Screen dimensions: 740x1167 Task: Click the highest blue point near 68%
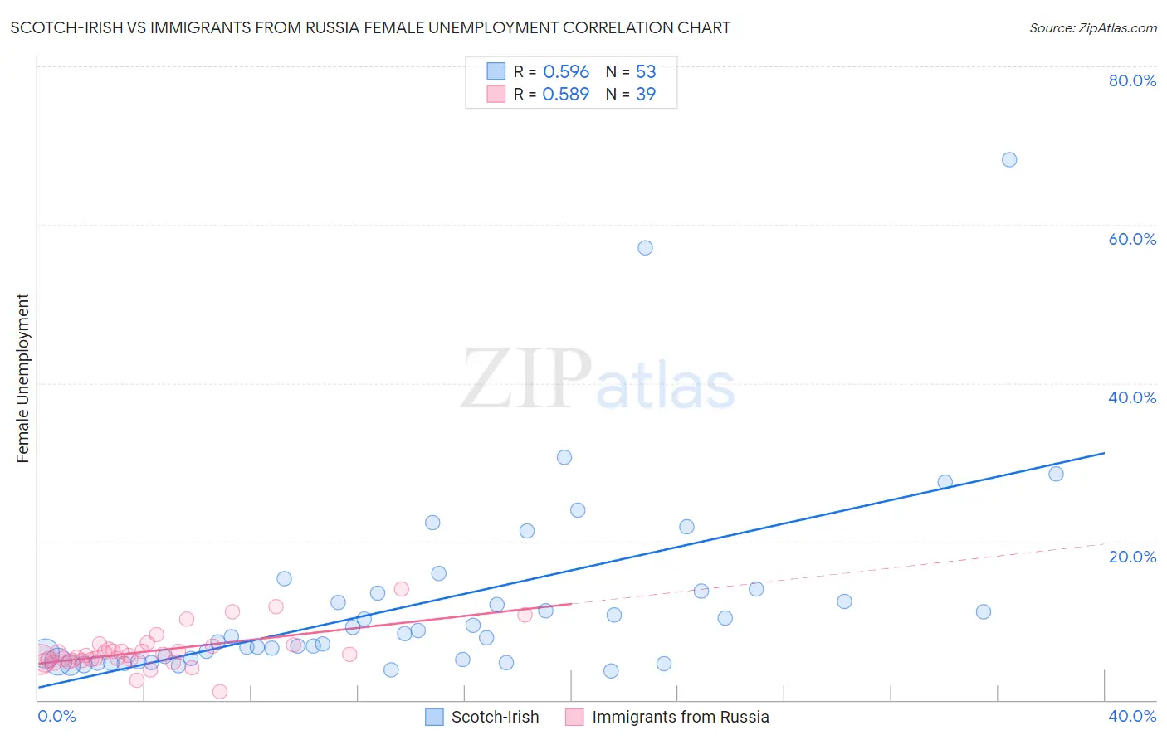click(x=1008, y=159)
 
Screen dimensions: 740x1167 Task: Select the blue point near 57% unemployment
click(x=645, y=247)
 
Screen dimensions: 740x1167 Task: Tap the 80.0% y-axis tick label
click(x=1132, y=80)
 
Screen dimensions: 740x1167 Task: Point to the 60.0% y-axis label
click(x=1132, y=239)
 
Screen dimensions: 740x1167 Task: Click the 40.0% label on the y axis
click(x=1132, y=397)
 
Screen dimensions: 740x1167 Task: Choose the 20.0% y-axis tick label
click(x=1132, y=557)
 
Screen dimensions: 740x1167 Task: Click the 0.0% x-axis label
click(x=57, y=717)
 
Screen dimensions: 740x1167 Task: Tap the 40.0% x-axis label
click(x=1132, y=717)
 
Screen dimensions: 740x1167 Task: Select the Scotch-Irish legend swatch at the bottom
click(x=434, y=717)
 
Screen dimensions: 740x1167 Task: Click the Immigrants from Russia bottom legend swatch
click(x=574, y=717)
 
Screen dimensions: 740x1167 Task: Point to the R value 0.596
click(x=565, y=71)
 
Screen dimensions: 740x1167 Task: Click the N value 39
click(x=645, y=94)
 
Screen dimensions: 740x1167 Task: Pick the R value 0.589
click(x=565, y=94)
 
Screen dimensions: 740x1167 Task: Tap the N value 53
click(x=645, y=71)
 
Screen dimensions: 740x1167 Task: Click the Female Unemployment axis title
click(x=22, y=378)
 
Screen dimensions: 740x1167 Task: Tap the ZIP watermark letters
click(x=525, y=379)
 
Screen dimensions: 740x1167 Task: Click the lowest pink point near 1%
click(x=220, y=692)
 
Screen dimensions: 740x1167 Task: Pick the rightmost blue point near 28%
click(x=1056, y=474)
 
